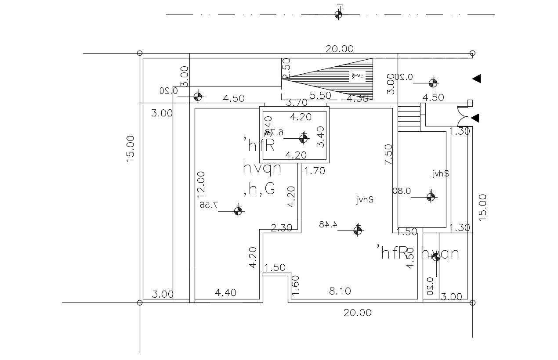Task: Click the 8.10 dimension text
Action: click(x=340, y=291)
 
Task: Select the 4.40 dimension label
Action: click(x=225, y=292)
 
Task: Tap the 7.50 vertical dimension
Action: click(x=388, y=155)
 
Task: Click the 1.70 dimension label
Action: click(x=315, y=171)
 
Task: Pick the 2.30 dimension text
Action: click(x=281, y=228)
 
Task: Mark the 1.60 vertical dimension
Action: click(x=295, y=284)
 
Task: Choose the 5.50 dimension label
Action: click(x=320, y=95)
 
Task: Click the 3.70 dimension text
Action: click(x=297, y=103)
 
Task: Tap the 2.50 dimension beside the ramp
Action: click(x=286, y=68)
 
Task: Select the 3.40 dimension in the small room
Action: click(x=320, y=137)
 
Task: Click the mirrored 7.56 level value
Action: click(x=210, y=205)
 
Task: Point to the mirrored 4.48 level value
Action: click(x=328, y=224)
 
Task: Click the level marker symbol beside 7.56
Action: click(x=238, y=211)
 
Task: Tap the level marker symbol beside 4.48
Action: click(x=358, y=230)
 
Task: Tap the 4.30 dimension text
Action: click(x=357, y=99)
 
